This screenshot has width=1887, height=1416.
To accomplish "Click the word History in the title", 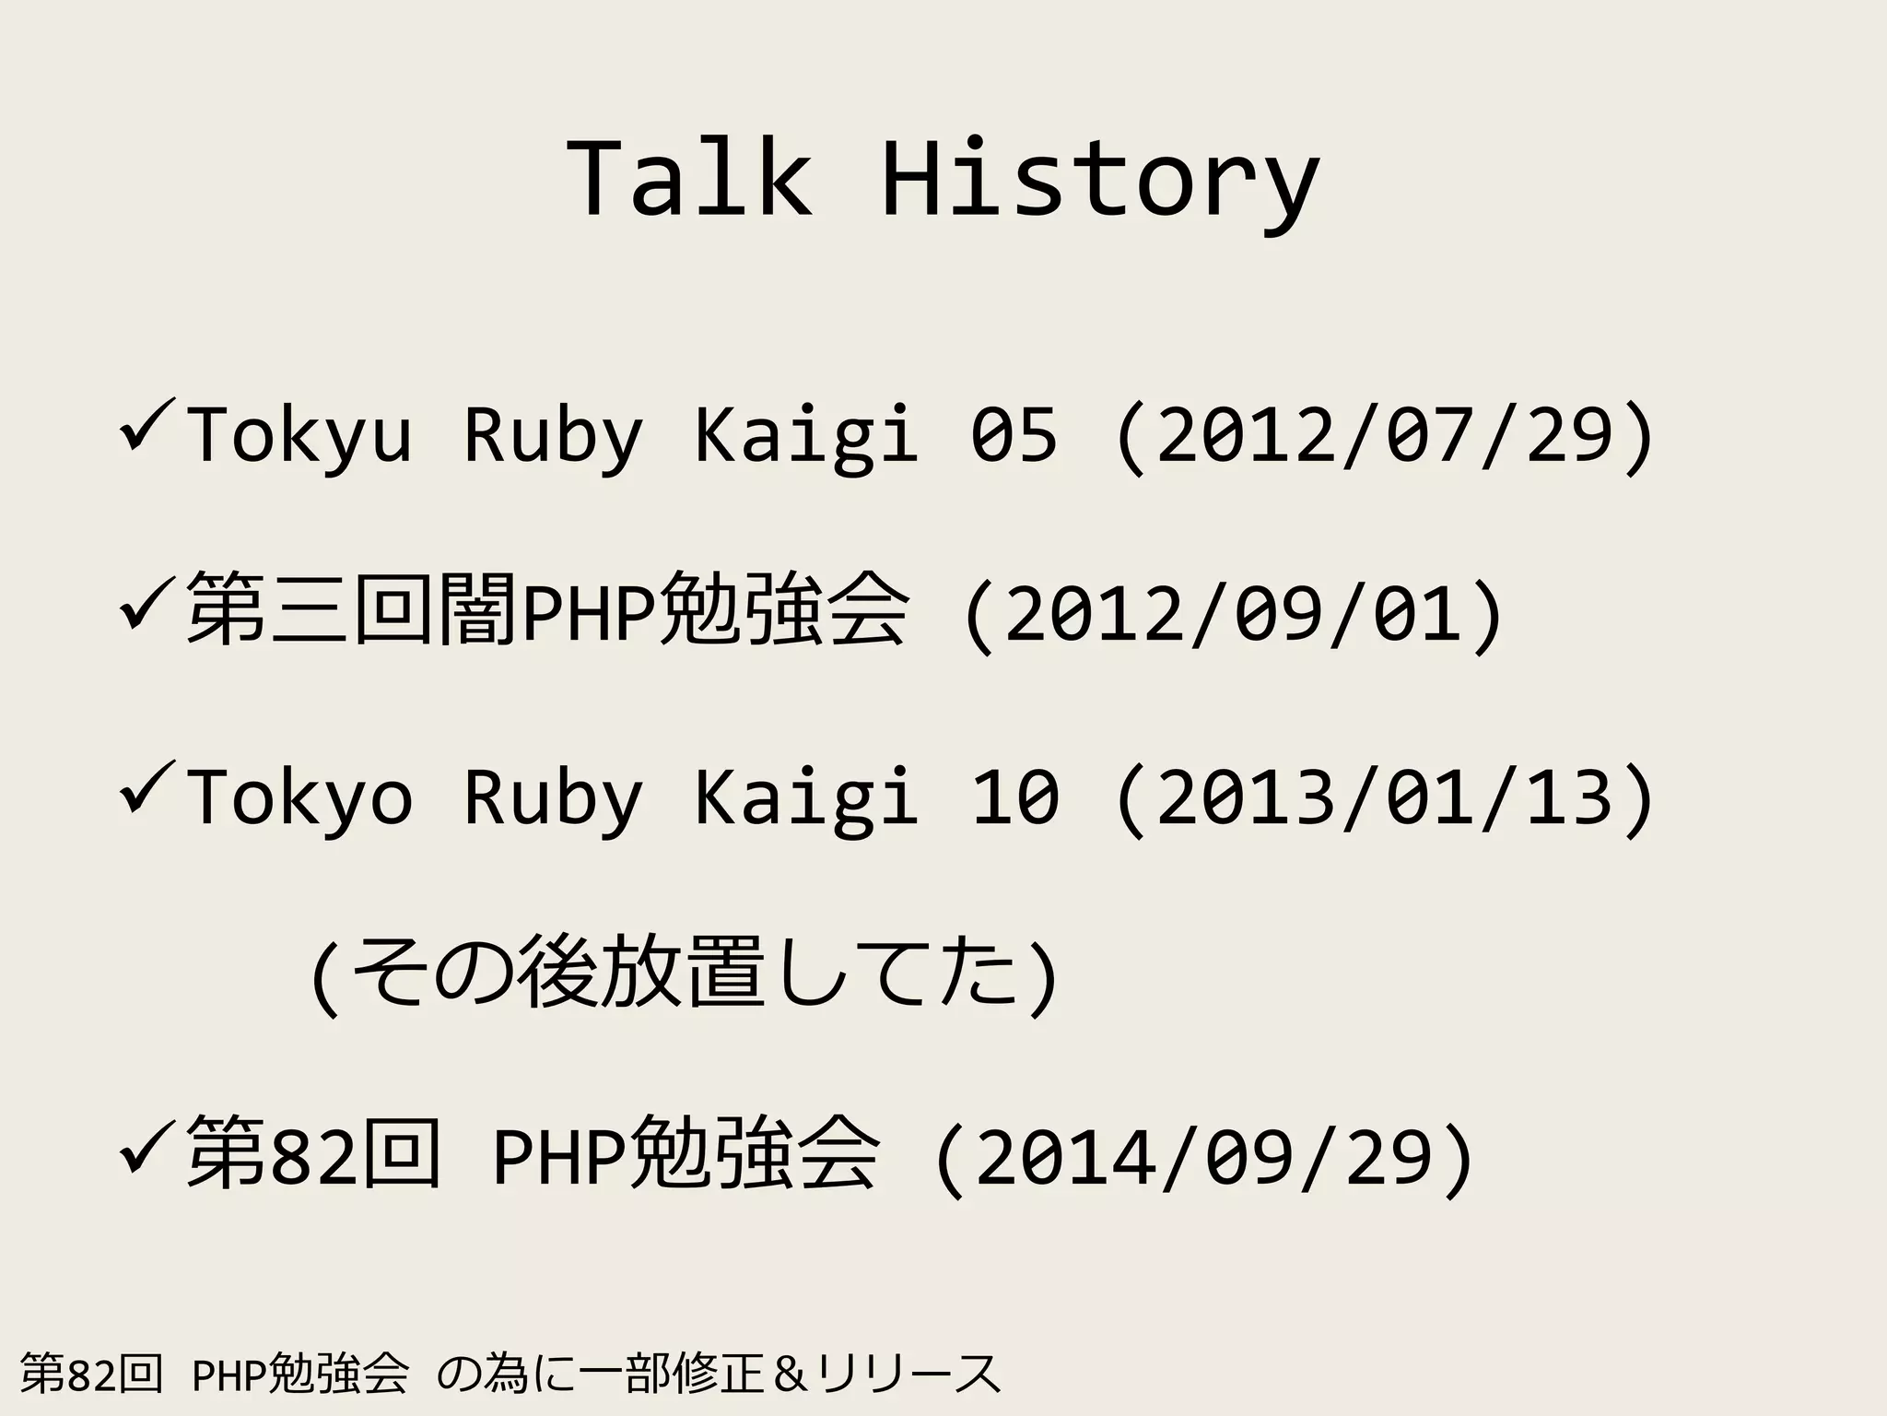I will point(1100,180).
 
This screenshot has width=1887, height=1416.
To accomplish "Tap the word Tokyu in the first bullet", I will point(299,435).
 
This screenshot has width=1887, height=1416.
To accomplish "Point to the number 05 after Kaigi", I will point(1014,435).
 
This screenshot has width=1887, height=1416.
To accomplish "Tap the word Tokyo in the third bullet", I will point(299,797).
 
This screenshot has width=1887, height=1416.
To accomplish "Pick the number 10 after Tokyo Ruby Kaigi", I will point(1014,797).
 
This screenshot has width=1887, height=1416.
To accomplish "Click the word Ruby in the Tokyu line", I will point(552,435).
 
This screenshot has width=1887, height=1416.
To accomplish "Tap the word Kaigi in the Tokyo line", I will point(805,797).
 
